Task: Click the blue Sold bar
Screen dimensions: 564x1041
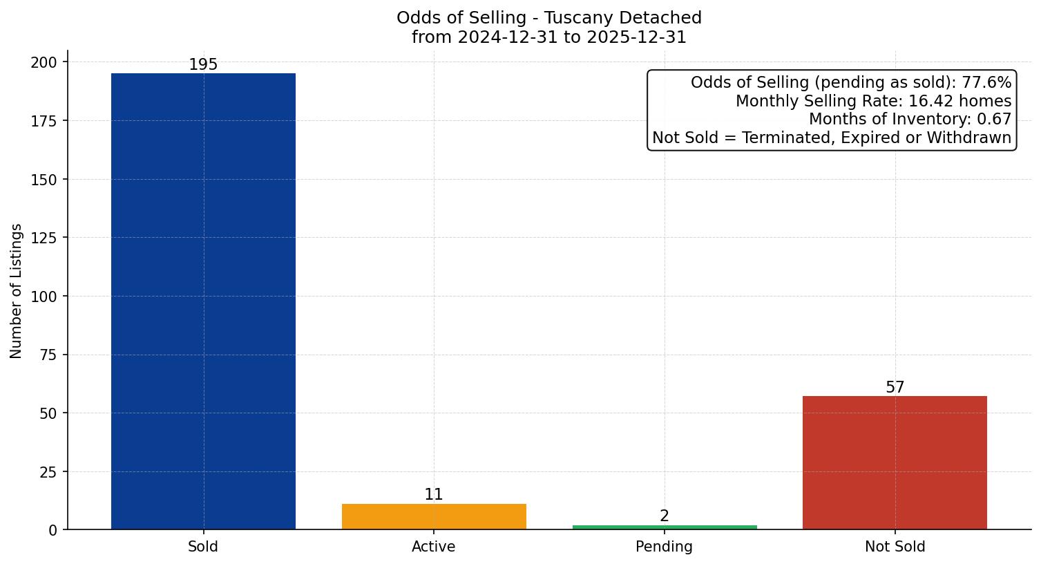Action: [x=203, y=301]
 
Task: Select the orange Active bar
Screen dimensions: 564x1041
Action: [x=434, y=517]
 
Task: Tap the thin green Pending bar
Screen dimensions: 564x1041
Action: [x=665, y=527]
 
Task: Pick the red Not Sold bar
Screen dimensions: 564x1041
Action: [x=895, y=462]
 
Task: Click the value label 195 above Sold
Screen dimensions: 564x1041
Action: [x=203, y=65]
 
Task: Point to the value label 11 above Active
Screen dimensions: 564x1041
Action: [x=434, y=495]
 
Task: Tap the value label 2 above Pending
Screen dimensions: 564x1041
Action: [x=665, y=516]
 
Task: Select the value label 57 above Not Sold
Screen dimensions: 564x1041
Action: [x=895, y=388]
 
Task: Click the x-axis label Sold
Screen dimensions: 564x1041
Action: [x=203, y=547]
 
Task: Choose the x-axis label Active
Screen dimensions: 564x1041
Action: [x=434, y=547]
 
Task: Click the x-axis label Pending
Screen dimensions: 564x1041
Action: [x=665, y=547]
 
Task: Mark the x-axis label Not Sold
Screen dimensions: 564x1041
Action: [x=895, y=547]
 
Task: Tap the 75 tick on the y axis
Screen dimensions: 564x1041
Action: [x=48, y=355]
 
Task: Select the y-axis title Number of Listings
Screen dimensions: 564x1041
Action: [x=17, y=290]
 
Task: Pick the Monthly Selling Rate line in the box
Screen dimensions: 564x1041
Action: [x=873, y=102]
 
